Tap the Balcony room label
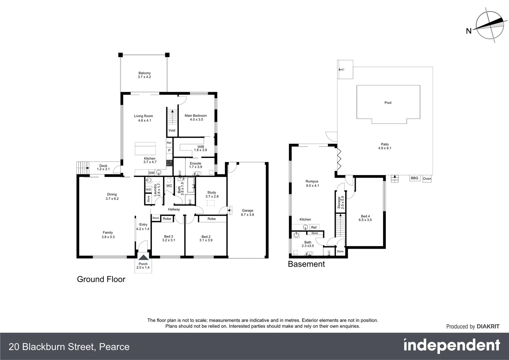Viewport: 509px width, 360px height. pyautogui.click(x=145, y=75)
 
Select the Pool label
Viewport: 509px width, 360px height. pyautogui.click(x=388, y=103)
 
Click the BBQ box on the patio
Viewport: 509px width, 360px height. pyautogui.click(x=414, y=178)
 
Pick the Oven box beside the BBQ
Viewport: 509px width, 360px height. pyautogui.click(x=427, y=179)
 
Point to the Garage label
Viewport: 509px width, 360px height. pyautogui.click(x=248, y=212)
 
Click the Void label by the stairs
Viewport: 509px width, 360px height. pyautogui.click(x=172, y=130)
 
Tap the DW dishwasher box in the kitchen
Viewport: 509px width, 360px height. pyautogui.click(x=151, y=173)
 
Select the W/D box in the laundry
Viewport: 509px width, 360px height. pyautogui.click(x=148, y=189)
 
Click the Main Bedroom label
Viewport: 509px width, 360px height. pyautogui.click(x=196, y=117)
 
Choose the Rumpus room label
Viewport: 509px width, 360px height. pyautogui.click(x=312, y=183)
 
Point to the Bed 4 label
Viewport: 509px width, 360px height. pyautogui.click(x=365, y=218)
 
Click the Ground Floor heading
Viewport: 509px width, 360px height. pyautogui.click(x=101, y=279)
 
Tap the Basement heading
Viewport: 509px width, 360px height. pyautogui.click(x=306, y=264)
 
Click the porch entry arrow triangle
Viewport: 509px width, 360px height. pyautogui.click(x=143, y=257)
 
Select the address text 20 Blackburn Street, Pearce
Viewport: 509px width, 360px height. pyautogui.click(x=69, y=347)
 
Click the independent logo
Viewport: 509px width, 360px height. pyautogui.click(x=451, y=346)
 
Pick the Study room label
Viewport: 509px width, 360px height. pyautogui.click(x=212, y=194)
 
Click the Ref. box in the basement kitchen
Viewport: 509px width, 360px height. pyautogui.click(x=314, y=227)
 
